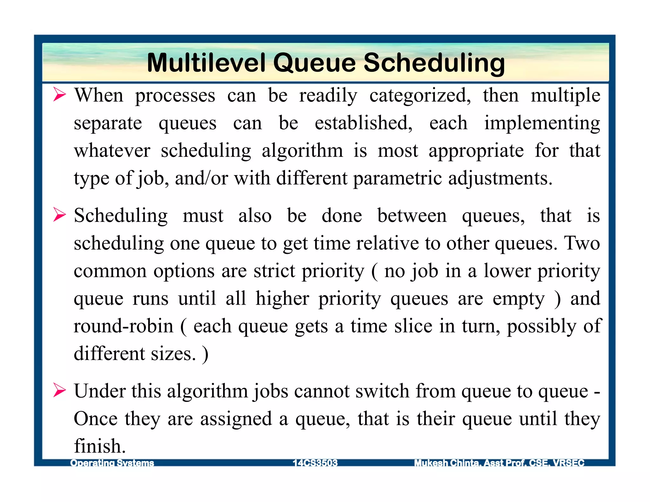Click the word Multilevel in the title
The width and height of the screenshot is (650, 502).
click(205, 63)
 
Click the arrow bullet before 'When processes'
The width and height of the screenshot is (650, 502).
click(59, 95)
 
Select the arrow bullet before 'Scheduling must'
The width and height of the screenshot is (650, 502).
click(59, 215)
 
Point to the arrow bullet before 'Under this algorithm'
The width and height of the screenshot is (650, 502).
click(59, 390)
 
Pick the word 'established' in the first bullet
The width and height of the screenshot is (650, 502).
click(363, 123)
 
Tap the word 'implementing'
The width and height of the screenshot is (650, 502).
click(542, 123)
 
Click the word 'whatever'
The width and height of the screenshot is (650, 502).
click(112, 151)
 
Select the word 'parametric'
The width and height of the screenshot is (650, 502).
click(397, 178)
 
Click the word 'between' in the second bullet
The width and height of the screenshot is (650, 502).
click(412, 216)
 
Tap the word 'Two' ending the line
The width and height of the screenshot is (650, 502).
click(582, 243)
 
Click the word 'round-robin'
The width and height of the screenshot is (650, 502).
click(123, 326)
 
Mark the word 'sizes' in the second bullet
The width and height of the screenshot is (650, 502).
click(173, 353)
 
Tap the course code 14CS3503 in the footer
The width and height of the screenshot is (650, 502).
click(315, 463)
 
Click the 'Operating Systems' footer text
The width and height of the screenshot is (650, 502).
click(112, 463)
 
